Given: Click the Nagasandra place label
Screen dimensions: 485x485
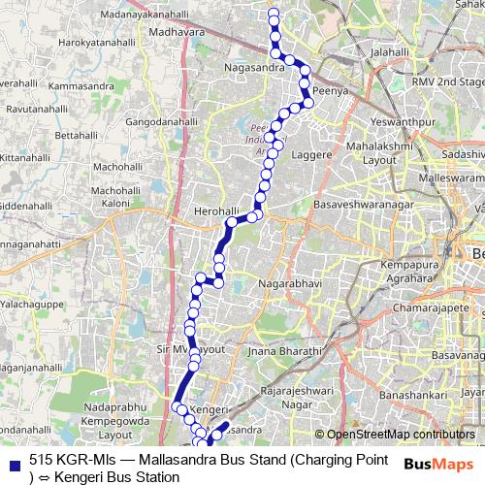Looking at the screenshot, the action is pyautogui.click(x=254, y=69).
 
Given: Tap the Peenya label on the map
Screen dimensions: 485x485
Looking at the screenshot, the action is pyautogui.click(x=332, y=87).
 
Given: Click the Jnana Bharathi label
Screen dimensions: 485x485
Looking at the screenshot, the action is pyautogui.click(x=284, y=350).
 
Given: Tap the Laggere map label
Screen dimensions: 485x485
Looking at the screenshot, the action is pyautogui.click(x=311, y=154).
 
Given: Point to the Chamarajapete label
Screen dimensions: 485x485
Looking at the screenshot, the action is pyautogui.click(x=442, y=307).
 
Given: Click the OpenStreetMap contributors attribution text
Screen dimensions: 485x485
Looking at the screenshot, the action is pyautogui.click(x=400, y=435).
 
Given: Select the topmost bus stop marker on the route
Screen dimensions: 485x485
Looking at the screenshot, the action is pyautogui.click(x=274, y=14).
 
